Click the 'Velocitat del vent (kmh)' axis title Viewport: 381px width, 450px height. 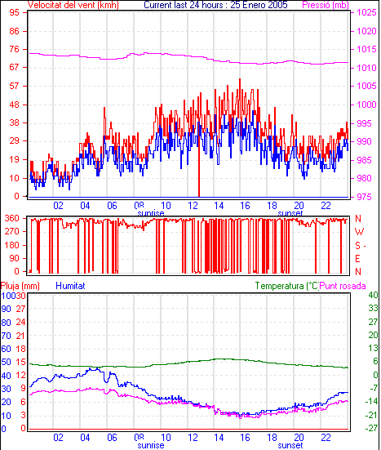[73, 5]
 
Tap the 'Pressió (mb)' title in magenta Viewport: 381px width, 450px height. [326, 5]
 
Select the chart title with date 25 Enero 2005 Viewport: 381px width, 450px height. [215, 5]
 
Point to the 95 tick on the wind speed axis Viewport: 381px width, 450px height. [14, 12]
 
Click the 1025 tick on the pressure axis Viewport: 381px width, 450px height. [366, 12]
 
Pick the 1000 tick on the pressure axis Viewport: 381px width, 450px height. [366, 105]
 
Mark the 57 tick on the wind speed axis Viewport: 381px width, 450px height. [14, 86]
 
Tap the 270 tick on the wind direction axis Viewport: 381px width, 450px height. [12, 232]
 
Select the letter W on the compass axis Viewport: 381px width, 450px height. [359, 232]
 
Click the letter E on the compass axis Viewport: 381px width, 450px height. [357, 259]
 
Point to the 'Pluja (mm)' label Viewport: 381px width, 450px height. [20, 286]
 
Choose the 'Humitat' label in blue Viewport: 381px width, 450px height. [70, 286]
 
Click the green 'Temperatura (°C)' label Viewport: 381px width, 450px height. [286, 286]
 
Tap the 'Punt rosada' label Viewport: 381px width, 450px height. [343, 286]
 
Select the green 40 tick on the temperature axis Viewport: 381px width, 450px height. [373, 295]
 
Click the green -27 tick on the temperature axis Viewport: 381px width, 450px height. [371, 428]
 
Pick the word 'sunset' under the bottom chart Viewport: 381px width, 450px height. [290, 445]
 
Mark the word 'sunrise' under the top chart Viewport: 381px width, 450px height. [151, 213]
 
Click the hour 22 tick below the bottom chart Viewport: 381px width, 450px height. [326, 438]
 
